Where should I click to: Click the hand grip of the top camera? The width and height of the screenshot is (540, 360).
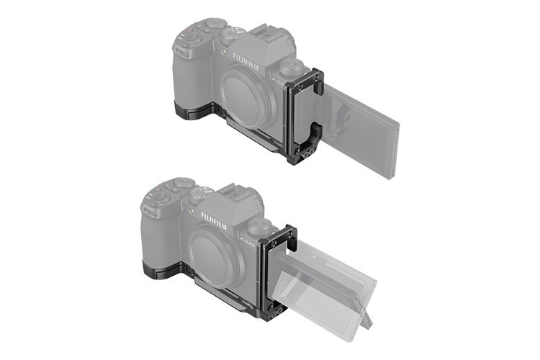(189, 79)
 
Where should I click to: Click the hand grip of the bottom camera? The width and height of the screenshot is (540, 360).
(157, 238)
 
